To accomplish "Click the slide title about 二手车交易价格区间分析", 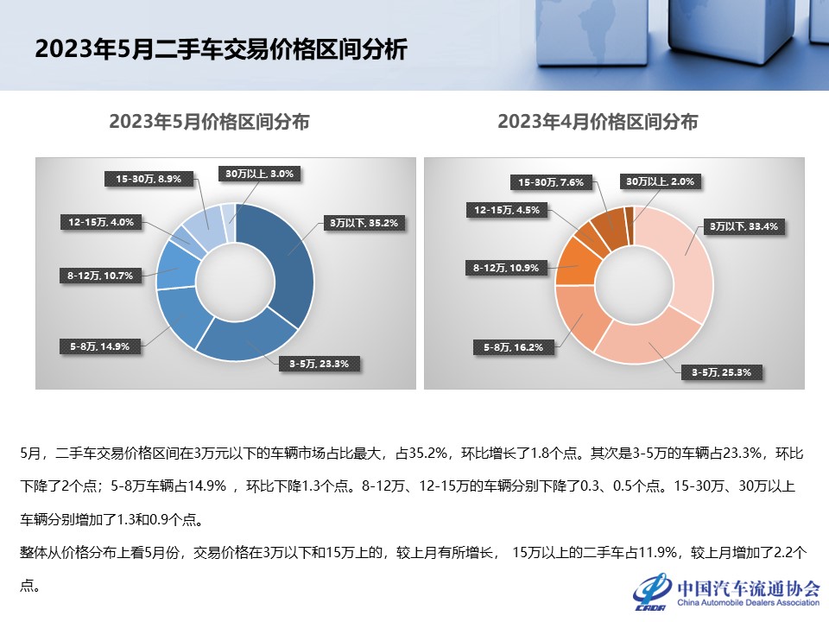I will pos(220,49).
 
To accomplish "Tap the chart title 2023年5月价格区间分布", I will pos(209,122).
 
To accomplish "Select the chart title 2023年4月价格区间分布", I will pos(598,122).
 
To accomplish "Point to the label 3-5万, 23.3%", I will pos(313,364).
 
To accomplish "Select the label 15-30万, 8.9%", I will pos(149,179).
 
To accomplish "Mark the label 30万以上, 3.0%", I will pos(260,174).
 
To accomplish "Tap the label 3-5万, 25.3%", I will pos(716,372).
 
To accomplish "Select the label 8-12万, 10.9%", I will pos(506,268).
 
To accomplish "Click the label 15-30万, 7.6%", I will pos(551,182).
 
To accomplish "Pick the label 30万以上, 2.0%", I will pos(660,181).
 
